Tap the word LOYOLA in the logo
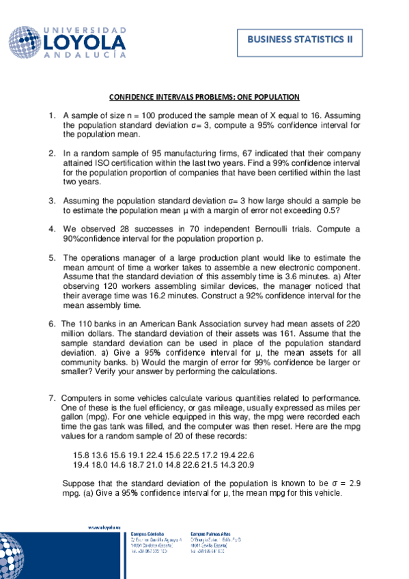(x=83, y=43)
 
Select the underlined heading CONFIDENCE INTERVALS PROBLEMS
(x=204, y=98)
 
